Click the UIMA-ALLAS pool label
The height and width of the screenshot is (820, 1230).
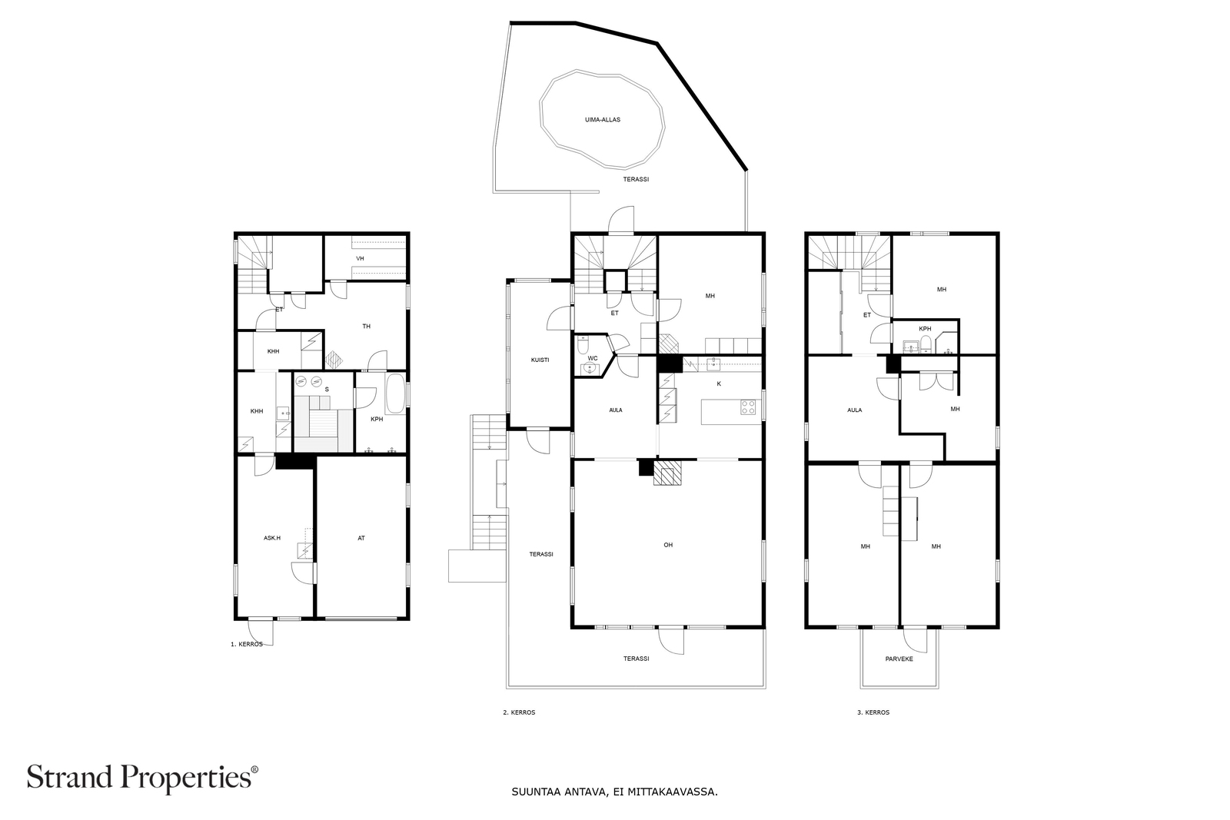click(x=603, y=120)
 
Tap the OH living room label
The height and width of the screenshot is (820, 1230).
click(x=668, y=545)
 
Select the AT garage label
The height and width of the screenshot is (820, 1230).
click(x=361, y=539)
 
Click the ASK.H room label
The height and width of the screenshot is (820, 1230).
click(x=272, y=539)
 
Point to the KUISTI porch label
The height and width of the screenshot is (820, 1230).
click(x=540, y=360)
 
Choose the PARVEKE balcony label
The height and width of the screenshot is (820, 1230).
click(x=899, y=659)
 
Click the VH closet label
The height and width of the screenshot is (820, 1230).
click(x=361, y=258)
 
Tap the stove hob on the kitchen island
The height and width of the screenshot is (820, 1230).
click(x=748, y=407)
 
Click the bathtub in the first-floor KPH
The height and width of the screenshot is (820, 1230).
click(x=395, y=394)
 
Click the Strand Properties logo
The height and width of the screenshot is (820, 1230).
click(x=142, y=778)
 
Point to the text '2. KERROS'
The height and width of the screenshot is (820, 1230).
click(x=519, y=712)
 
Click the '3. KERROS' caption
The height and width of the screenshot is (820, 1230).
click(x=873, y=712)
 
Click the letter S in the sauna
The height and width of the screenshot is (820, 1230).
click(x=327, y=389)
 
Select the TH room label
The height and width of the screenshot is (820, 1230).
click(x=366, y=327)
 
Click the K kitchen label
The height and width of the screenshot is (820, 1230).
click(x=719, y=384)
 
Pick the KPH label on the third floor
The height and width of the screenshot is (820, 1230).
click(x=926, y=329)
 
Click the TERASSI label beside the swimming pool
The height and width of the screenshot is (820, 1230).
click(x=636, y=180)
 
